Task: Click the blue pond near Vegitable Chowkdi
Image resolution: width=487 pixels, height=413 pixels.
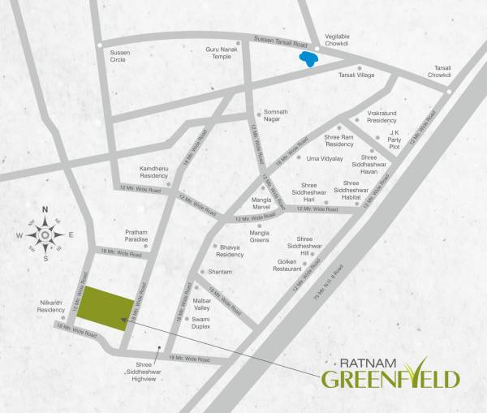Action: pos(307,59)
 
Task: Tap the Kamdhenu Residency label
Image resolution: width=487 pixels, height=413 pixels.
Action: pos(153,172)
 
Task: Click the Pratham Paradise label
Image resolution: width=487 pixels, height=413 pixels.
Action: pos(136,235)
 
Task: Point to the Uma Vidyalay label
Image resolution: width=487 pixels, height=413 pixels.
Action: pos(324,158)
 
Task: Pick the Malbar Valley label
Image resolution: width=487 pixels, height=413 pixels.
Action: pos(201,305)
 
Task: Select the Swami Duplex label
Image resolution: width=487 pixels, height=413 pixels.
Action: pos(201,324)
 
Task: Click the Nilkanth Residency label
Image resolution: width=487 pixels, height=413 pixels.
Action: pos(51,307)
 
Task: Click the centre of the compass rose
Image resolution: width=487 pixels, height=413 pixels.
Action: pos(45,235)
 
